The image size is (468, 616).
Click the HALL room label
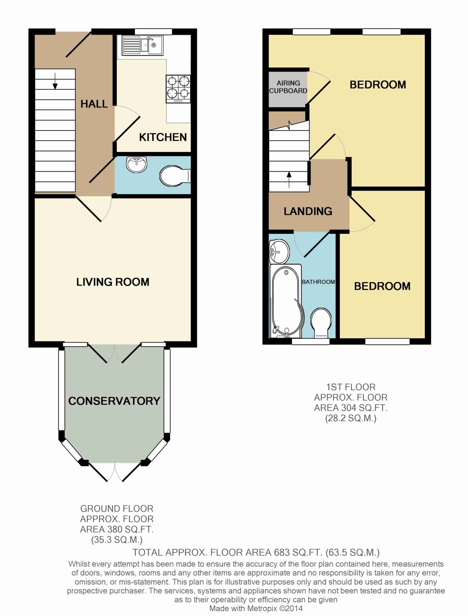94,104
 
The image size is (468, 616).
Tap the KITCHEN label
163,137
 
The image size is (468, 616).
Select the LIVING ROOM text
113,282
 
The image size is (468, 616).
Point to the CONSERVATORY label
114,401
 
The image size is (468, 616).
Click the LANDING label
308,211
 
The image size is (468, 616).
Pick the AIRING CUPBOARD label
288,87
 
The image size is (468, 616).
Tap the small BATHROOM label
318,282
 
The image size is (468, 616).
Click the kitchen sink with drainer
142,45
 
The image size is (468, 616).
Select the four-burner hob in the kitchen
178,89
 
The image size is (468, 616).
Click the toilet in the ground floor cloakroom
175,176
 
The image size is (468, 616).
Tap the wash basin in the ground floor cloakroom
137,164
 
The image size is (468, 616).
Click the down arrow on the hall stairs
55,81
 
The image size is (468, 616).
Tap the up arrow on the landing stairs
289,180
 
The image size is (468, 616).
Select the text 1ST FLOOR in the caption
351,387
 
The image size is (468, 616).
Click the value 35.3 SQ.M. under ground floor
117,540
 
